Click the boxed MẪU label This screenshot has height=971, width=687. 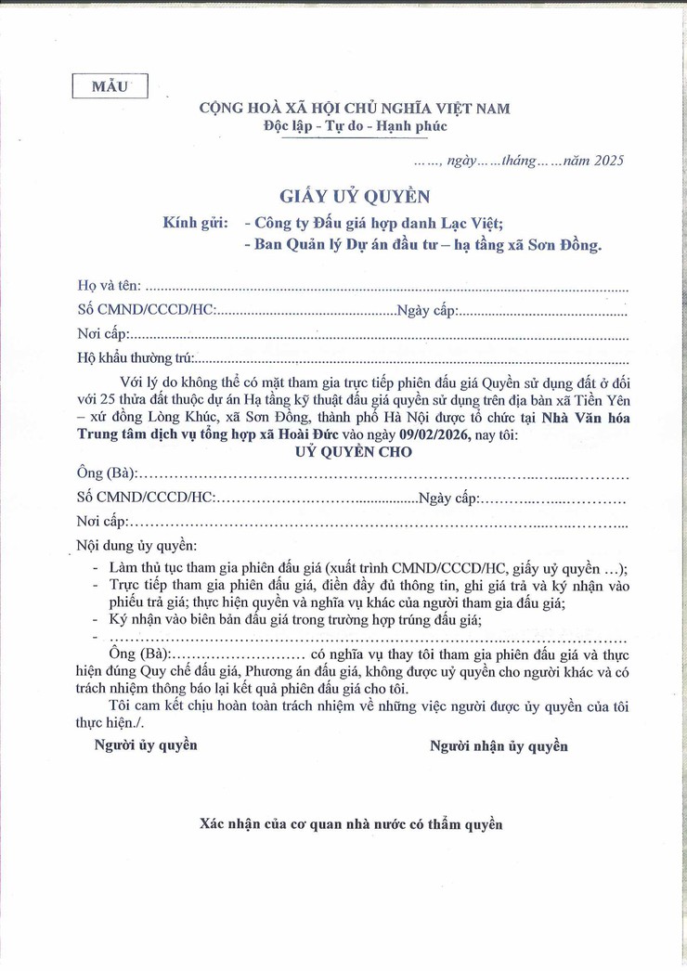(110, 86)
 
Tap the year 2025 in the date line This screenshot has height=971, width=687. (608, 161)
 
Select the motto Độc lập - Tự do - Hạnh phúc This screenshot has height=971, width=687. (355, 126)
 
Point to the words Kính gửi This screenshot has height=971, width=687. (195, 223)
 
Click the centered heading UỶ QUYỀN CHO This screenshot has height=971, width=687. (353, 451)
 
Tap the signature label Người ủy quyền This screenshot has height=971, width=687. (146, 744)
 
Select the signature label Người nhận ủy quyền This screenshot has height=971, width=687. (499, 745)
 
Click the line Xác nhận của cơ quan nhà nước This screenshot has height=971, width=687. (351, 823)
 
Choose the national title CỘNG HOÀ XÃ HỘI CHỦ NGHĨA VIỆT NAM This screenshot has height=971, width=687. (355, 108)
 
